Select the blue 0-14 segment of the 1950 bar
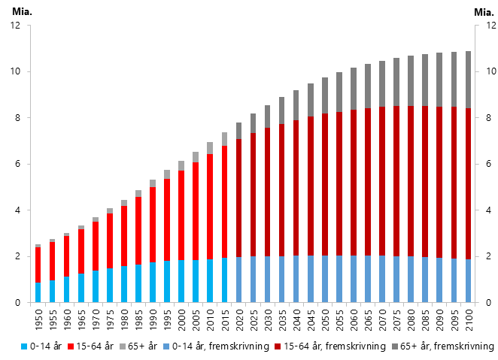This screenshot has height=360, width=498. coord(38,292)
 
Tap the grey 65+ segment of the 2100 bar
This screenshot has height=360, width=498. coord(468,80)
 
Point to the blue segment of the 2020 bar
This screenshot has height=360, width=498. coord(238,280)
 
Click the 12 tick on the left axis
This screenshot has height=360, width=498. coord(16,26)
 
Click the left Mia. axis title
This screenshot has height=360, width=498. coord(23,12)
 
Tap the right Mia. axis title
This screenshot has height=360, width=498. coord(482,12)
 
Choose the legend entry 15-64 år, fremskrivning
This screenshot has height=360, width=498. coord(343,346)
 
